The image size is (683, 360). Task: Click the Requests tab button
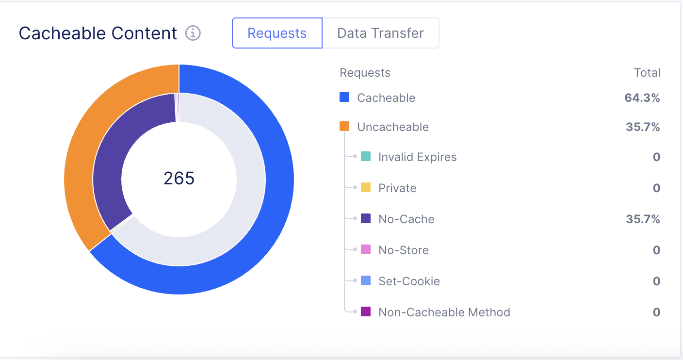pos(277,33)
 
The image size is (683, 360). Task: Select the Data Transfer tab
pos(380,33)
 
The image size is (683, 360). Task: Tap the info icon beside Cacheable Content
pos(193,33)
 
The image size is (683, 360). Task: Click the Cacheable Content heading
pos(98,33)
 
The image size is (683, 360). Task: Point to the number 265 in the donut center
pos(179,179)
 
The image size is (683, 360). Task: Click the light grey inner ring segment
pos(243,204)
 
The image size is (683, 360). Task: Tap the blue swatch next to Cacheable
pos(344,98)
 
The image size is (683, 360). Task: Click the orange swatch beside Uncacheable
pos(344,127)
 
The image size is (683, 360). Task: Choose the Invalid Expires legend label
pos(417,157)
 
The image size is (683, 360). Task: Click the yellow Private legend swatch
pos(366,188)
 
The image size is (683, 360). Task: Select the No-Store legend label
pos(404,250)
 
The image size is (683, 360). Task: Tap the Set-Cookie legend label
pos(409,281)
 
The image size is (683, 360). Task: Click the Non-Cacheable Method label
pos(444,312)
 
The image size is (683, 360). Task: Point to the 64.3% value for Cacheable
pos(642,98)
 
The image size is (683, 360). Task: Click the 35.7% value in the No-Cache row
pos(642,219)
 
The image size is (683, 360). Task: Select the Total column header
pos(647,73)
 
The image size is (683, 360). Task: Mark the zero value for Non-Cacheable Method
pos(656,312)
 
